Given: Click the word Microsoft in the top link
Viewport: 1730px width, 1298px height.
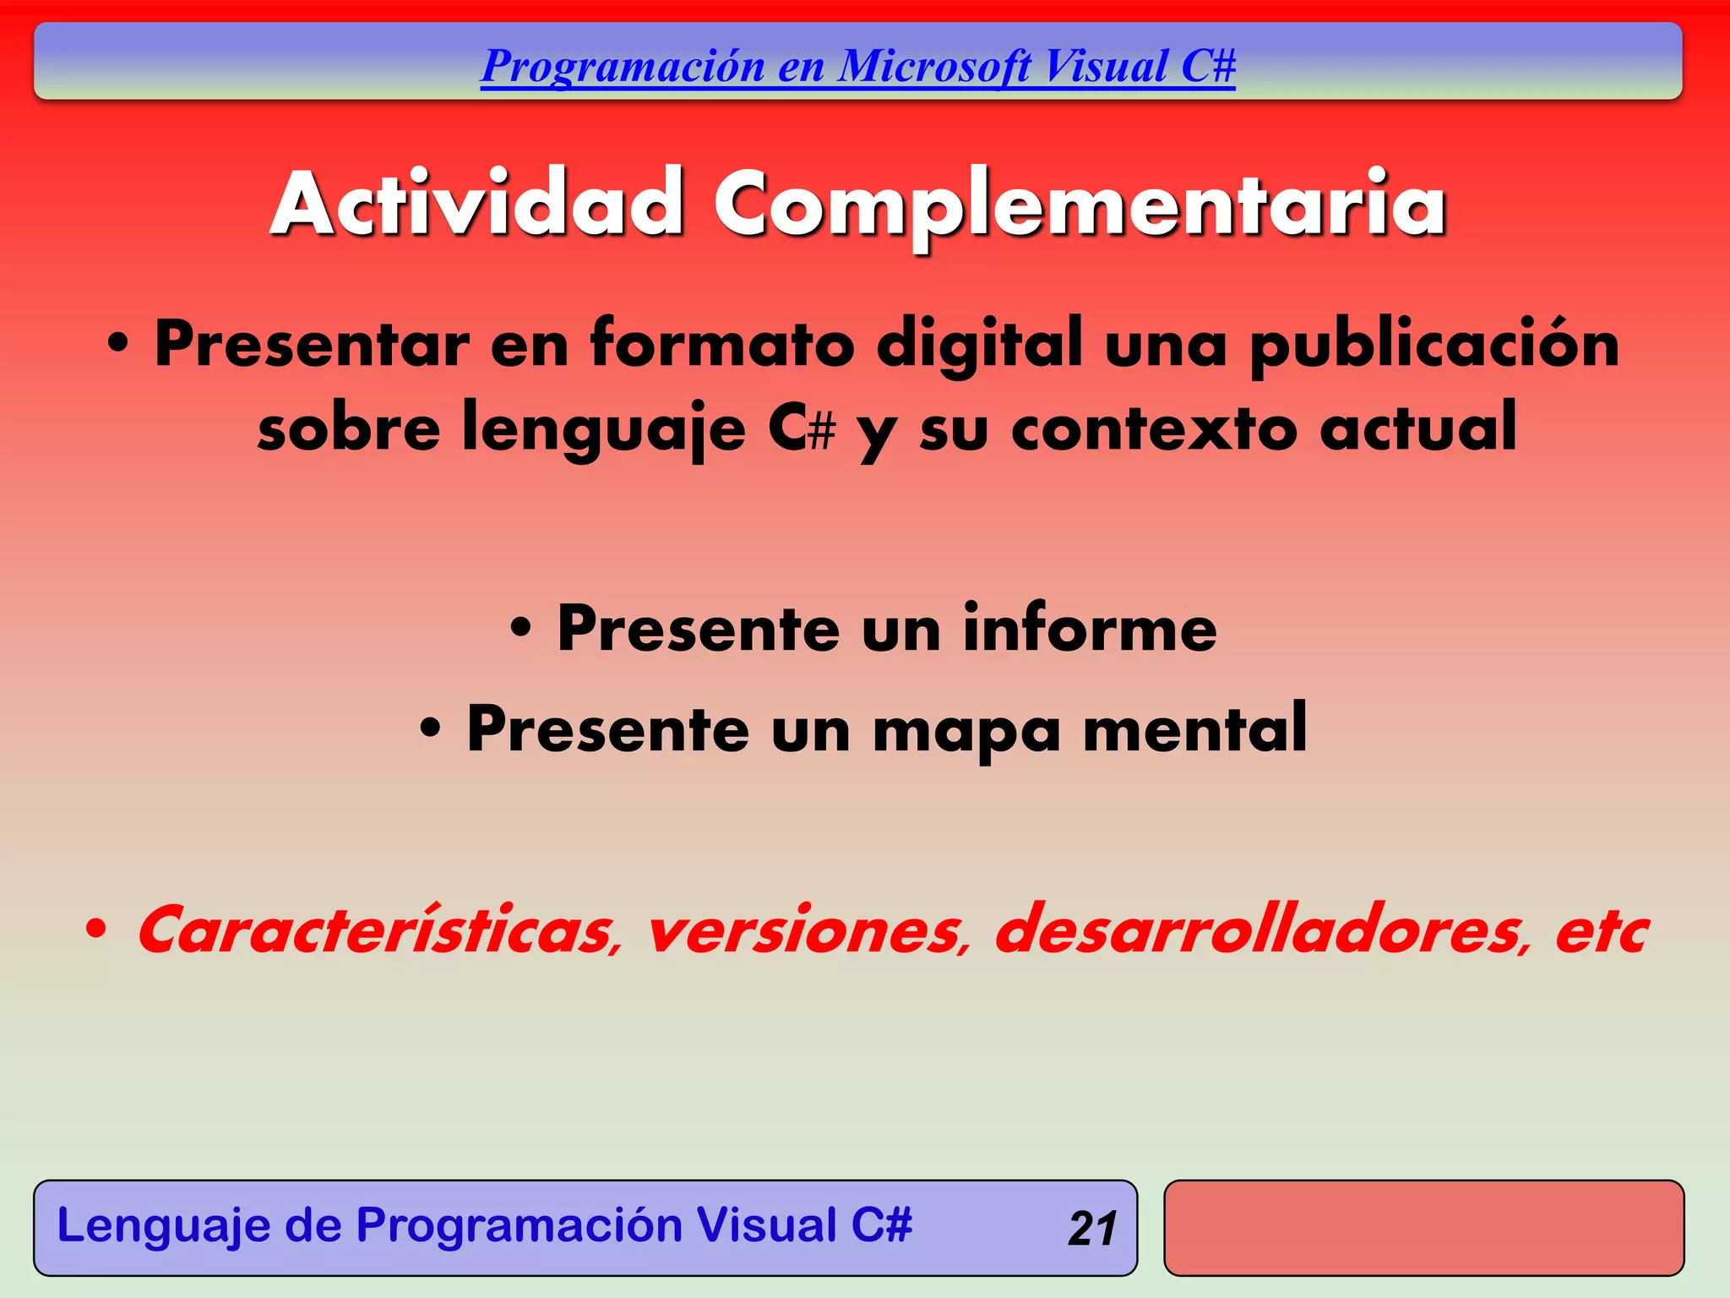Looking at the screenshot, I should [x=934, y=66].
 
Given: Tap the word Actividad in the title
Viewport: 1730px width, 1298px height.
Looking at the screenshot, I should [x=477, y=205].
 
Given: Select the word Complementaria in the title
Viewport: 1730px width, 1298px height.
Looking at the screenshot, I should [x=1080, y=205].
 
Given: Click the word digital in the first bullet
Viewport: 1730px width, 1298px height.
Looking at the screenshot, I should [x=979, y=345].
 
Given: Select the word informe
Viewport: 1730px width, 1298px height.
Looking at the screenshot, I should [x=1090, y=629].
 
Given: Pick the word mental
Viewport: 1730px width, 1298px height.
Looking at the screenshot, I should [x=1195, y=728].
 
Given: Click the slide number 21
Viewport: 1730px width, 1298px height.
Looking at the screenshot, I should [x=1092, y=1229].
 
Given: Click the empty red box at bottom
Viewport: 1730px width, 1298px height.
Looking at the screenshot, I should [x=1423, y=1228].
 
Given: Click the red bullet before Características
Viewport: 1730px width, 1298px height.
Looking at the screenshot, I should [x=96, y=930].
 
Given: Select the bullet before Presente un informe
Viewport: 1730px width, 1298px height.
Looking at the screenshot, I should [x=521, y=630].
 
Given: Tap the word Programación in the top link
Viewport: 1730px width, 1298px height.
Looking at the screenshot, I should [x=623, y=66].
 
